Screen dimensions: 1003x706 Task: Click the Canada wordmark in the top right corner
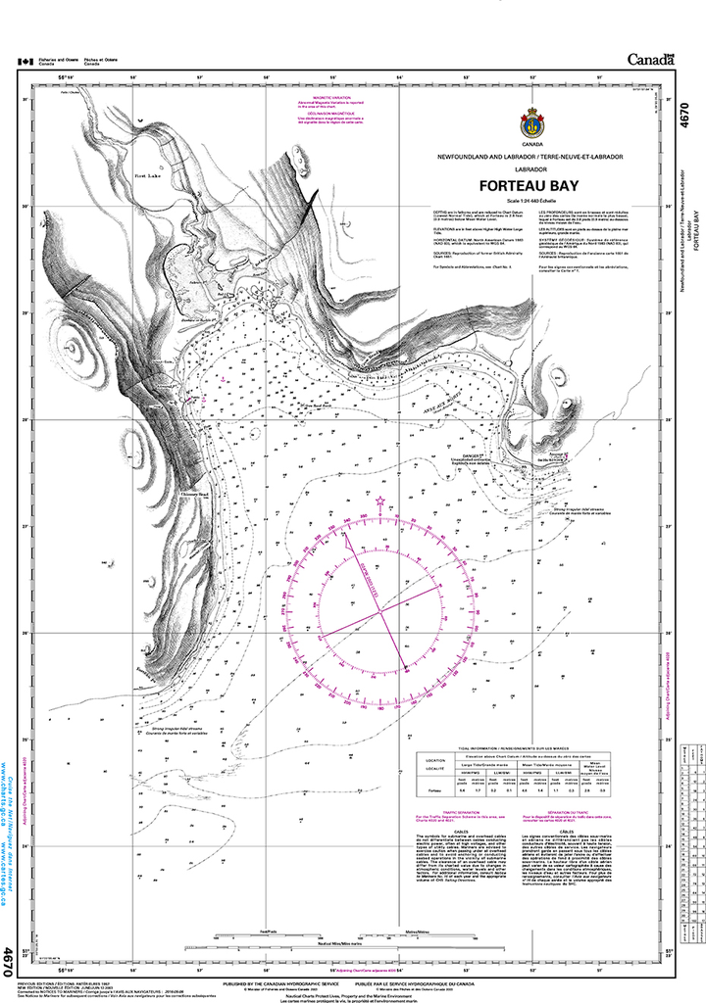tap(646, 58)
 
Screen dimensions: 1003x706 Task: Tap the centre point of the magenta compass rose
tap(379, 613)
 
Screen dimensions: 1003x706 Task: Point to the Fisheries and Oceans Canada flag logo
tap(23, 61)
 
